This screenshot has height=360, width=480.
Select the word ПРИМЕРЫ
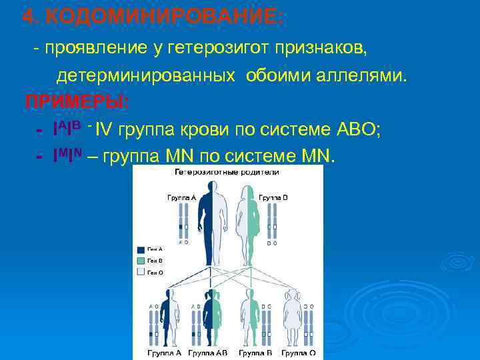(77, 102)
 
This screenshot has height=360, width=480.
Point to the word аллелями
(359, 75)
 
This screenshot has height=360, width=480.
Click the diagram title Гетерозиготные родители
(227, 172)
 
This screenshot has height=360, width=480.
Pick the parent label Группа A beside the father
(181, 197)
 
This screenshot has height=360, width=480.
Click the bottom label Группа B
(253, 352)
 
